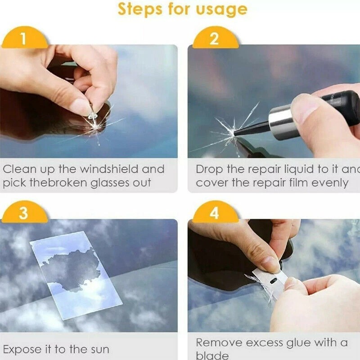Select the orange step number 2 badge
(214, 39)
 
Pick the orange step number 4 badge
(214, 212)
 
